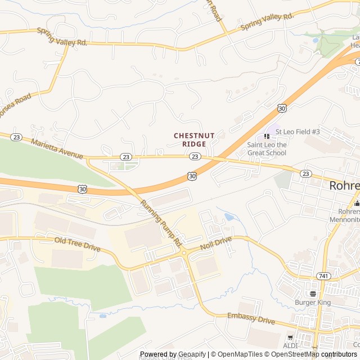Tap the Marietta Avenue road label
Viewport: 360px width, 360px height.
[57, 148]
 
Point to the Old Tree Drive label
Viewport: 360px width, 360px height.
[77, 244]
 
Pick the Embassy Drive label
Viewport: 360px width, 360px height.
[251, 319]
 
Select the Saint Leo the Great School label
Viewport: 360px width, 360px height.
[267, 148]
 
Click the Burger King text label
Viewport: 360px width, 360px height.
[313, 302]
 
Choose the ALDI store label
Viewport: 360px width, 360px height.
[291, 345]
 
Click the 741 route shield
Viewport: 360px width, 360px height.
[322, 275]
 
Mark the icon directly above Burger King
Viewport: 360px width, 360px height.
[313, 293]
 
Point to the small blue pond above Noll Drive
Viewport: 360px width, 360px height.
[229, 217]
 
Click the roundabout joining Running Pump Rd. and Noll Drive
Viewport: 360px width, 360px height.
[184, 253]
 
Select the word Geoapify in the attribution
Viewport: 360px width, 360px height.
[192, 354]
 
